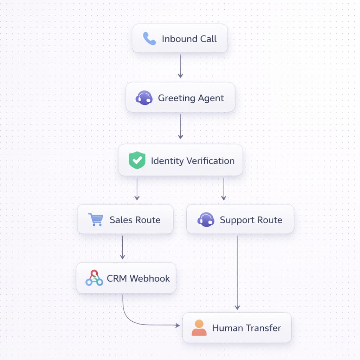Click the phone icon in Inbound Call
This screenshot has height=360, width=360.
149,39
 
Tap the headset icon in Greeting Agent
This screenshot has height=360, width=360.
144,98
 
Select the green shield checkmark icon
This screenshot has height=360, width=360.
137,160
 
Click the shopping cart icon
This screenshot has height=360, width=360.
96,219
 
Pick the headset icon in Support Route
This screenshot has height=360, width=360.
206,220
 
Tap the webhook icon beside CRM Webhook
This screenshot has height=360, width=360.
94,278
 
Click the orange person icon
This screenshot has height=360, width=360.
199,328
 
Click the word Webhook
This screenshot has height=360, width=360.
149,278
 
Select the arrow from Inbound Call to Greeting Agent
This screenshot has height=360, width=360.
180,66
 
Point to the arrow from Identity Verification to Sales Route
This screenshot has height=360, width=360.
137,189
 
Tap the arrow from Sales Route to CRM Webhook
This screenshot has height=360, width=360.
122,247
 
